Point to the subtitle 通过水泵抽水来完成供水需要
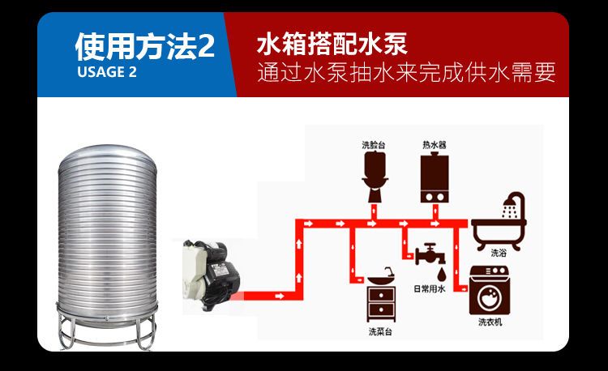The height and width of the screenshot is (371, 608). point(406,72)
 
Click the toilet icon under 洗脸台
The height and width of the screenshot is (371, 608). point(374,177)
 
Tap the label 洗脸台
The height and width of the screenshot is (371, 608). point(374,145)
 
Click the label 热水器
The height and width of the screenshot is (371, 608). point(435,145)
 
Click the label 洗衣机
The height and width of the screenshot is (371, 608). point(490,323)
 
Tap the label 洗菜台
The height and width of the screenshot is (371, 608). point(379,331)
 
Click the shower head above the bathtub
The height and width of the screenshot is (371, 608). point(512,203)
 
